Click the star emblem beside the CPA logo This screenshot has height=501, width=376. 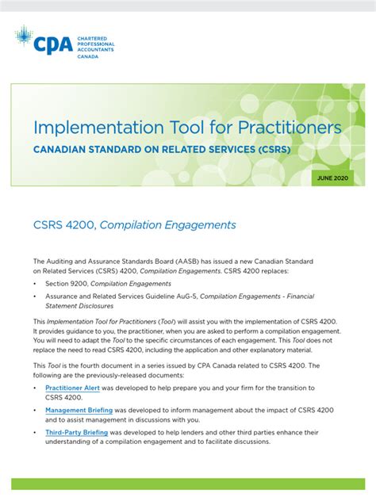(24, 35)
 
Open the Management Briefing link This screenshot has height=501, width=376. (79, 411)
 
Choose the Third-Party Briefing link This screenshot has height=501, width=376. (77, 434)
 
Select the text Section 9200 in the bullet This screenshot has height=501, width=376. (67, 283)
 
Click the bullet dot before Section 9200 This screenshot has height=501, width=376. (36, 283)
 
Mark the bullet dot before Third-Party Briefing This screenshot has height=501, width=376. (36, 434)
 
